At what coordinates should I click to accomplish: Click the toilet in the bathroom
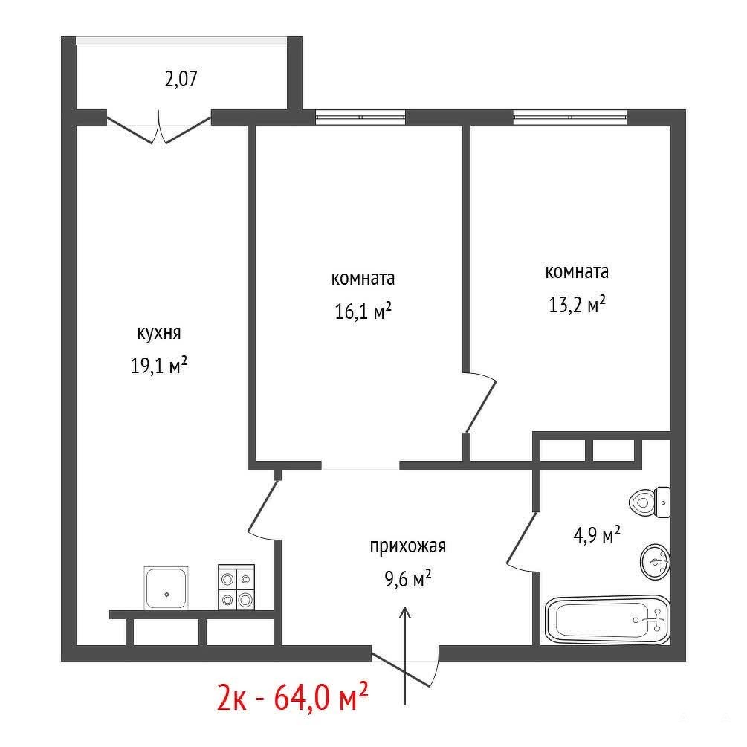coord(650,502)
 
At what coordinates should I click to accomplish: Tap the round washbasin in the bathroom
coord(656,562)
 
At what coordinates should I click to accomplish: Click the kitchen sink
coord(166,588)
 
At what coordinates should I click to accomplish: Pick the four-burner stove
coord(236,587)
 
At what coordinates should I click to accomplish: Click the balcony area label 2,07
coord(181,79)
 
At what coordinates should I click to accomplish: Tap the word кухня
coord(158,334)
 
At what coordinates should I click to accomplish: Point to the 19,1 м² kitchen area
coord(158,366)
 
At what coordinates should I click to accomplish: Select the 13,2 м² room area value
coord(577,305)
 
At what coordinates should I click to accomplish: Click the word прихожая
coord(408,546)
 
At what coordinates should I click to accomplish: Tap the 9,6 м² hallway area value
coord(408,579)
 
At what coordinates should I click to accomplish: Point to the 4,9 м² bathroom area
coord(596,534)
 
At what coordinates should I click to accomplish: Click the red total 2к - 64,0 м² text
coord(293,698)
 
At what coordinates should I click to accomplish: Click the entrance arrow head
coord(405,612)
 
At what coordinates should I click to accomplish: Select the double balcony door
coord(158,127)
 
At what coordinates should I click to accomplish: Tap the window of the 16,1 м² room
coord(360,117)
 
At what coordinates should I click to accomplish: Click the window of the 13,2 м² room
coord(570,117)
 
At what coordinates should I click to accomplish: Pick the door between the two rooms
coord(480,403)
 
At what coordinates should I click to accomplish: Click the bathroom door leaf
coord(522,539)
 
